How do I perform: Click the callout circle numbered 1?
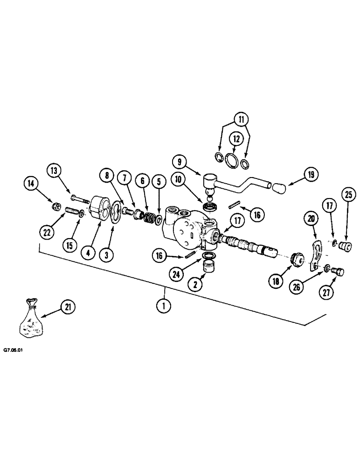point(165,306)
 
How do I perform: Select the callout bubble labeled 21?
point(69,307)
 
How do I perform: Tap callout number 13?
point(54,171)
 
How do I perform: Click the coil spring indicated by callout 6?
point(150,218)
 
